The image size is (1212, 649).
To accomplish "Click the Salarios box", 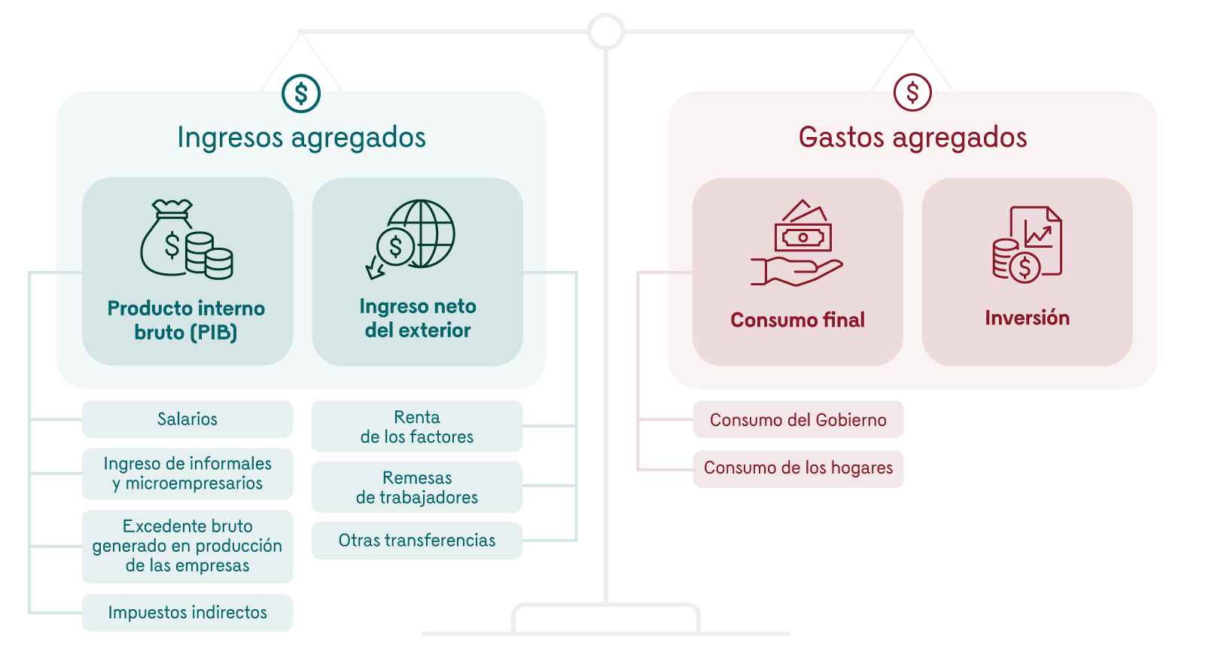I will [187, 419].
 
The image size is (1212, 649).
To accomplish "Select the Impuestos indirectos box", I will [187, 613].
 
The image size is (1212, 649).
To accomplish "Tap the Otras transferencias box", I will [417, 541].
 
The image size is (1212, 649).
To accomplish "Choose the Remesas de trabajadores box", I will [417, 487].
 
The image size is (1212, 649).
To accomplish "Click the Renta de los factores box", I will [417, 427].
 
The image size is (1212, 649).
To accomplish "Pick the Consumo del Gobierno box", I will [798, 420].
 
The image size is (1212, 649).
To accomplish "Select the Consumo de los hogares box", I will [798, 468].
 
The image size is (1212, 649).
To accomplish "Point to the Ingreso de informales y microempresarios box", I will [187, 474].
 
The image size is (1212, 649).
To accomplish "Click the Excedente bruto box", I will [187, 546].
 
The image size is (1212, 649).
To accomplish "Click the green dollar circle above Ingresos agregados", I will [301, 93].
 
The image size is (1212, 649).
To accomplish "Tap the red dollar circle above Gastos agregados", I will [912, 93].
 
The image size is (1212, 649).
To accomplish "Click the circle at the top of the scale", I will [606, 32].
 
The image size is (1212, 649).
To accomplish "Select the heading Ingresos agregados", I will [301, 138].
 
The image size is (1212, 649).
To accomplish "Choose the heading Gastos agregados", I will [912, 138].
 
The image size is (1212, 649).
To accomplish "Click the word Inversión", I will [1028, 318].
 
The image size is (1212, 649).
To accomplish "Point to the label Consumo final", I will [798, 320].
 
